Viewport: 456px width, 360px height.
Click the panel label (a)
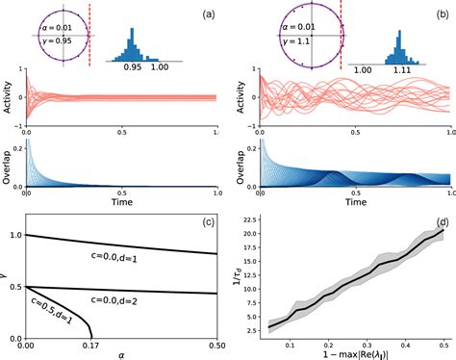tap(206, 15)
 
